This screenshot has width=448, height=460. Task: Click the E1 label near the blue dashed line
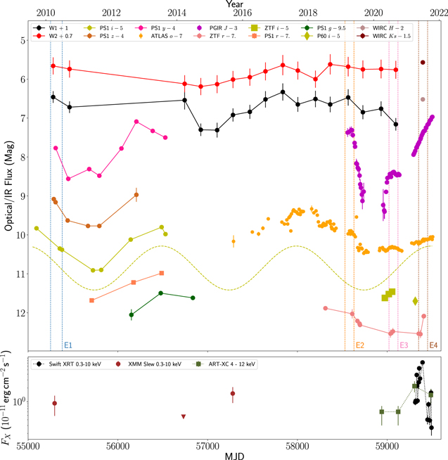pos(68,345)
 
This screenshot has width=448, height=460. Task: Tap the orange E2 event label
pos(360,345)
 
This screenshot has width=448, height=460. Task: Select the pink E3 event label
pos(404,345)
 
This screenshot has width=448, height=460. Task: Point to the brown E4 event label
pos(433,345)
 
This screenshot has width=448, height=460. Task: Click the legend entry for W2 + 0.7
pos(53,36)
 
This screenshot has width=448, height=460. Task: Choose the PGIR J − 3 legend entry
pos(216,28)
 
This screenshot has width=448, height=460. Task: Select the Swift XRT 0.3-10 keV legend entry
pos(67,364)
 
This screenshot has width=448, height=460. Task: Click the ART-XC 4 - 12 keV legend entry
pos(224,364)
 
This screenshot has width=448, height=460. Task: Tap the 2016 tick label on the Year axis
pos(243,13)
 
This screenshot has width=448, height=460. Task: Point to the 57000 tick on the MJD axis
pos(207,446)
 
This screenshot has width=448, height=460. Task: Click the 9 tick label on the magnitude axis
pos(23,196)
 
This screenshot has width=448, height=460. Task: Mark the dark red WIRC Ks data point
pos(423,62)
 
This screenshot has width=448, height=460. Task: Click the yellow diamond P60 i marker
pos(415,301)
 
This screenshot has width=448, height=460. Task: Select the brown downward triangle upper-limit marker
pos(184,416)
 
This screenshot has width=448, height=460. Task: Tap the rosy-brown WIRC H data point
pos(423,99)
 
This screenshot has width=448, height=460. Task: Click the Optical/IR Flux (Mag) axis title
pos(9,186)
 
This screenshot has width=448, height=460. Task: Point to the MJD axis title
pos(234,456)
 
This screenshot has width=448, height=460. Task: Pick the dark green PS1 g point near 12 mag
pos(132,315)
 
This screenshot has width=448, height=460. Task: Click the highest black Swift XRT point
pos(423,363)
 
